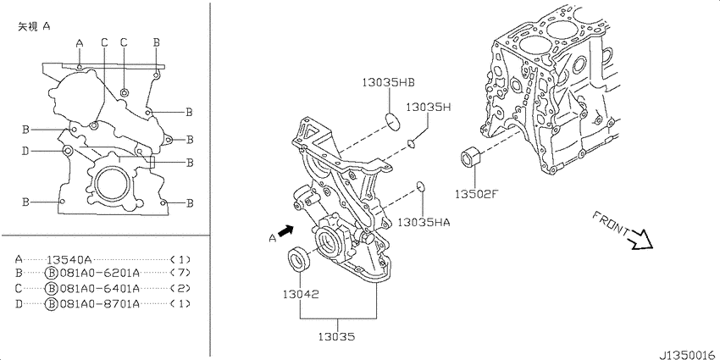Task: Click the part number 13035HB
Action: (x=389, y=83)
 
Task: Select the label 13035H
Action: (x=429, y=108)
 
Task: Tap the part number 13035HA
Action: (x=424, y=223)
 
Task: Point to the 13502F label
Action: (x=476, y=195)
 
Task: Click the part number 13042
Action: (x=301, y=294)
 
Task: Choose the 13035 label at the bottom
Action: (x=336, y=337)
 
